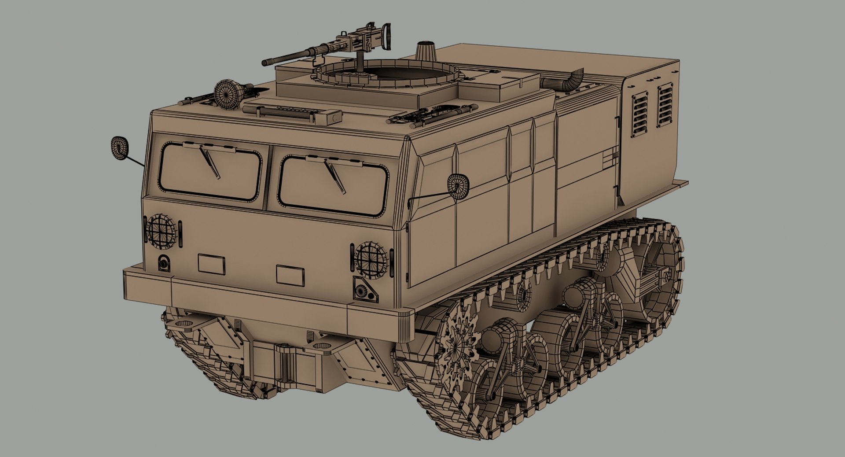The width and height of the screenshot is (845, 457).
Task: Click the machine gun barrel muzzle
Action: [265, 63]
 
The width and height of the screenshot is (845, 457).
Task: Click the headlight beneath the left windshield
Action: [161, 230]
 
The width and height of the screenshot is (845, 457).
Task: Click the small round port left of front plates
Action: [164, 262]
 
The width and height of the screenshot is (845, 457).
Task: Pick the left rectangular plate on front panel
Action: [211, 264]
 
